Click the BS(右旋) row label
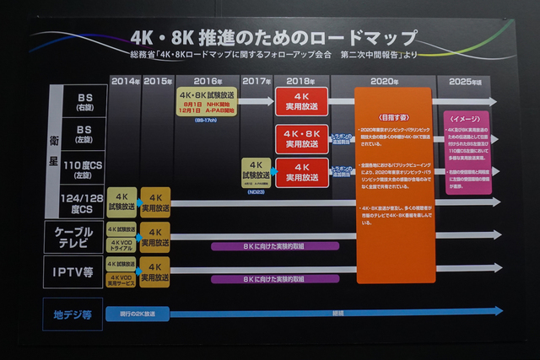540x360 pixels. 84,102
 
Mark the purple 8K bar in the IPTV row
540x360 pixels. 275,279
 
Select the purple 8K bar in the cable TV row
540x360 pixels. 275,246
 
